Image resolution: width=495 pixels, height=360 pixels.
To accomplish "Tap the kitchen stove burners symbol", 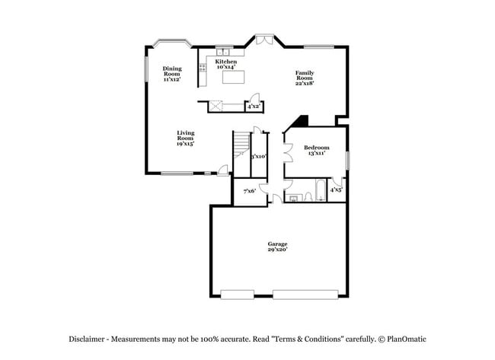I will pos(203,68).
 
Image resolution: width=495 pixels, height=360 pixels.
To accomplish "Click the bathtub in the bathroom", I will pos(321,190).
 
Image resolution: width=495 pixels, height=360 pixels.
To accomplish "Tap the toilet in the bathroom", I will pos(293,197).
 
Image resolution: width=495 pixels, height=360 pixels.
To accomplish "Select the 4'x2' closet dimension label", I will pos(254,107).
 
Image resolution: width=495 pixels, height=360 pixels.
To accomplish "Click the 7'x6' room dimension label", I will pos(249,191).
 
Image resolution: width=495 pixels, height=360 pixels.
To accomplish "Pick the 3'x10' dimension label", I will pos(258,156).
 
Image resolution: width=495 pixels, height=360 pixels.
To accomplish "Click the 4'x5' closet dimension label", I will pos(336,189).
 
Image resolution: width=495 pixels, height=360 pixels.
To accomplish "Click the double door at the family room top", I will pos(263,38).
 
